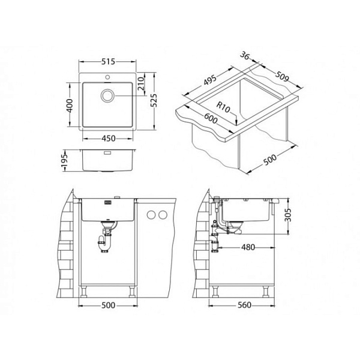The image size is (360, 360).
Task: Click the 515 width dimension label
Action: coord(108,62)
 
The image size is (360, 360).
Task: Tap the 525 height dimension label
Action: coord(154,100)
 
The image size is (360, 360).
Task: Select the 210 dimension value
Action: coord(142,83)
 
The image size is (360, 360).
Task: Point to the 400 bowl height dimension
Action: coord(70,106)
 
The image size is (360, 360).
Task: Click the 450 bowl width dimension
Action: coord(109,139)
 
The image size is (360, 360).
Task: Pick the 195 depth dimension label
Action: coord(65,160)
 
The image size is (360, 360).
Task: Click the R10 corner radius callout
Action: coord(223,107)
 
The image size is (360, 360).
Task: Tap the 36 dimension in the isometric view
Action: coord(245,56)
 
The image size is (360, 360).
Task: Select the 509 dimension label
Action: coord(282,77)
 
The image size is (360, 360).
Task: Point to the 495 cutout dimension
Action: coord(210,80)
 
